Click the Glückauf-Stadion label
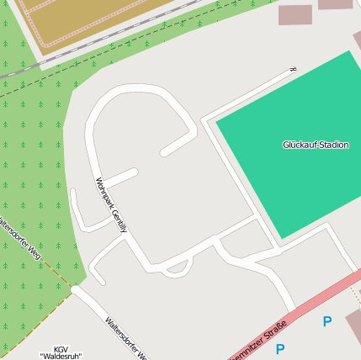pos(316,145)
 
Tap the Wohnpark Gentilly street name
pos(111,204)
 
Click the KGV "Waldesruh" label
pos(61,352)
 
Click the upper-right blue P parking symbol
pos(326,321)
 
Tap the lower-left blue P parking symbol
pos(280,349)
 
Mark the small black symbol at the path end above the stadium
pos(293,70)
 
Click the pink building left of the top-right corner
pos(295,14)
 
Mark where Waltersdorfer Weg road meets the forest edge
pos(76,289)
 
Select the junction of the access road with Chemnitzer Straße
pos(292,309)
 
